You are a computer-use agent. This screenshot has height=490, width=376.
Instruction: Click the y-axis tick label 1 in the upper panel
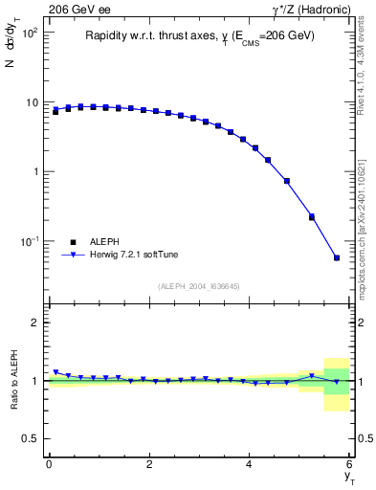tap(34, 171)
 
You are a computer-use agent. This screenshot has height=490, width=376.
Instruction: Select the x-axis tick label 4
tap(250, 464)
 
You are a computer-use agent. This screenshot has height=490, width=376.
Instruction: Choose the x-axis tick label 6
tap(350, 464)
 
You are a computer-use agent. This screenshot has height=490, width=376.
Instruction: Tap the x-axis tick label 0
tap(49, 464)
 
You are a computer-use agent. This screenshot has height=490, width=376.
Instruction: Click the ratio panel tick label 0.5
tap(30, 438)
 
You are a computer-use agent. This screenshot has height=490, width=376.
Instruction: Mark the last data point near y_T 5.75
tap(337, 257)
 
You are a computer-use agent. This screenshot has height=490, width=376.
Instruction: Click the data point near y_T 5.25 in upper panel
tap(312, 216)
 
